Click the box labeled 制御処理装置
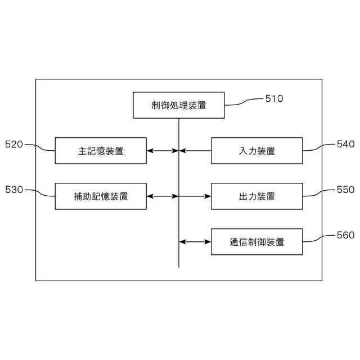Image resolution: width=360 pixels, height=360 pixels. tap(179, 105)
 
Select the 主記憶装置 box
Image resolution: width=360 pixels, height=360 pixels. tap(101, 151)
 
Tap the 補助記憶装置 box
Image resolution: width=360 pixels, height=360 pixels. tap(101, 196)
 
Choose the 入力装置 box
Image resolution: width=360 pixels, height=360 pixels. tap(256, 151)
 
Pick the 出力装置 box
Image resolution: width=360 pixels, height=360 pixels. tap(256, 196)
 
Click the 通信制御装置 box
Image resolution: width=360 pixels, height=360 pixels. tap(256, 242)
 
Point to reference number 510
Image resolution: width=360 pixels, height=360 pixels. tap(274, 98)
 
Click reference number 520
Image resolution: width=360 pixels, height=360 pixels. tap(13, 144)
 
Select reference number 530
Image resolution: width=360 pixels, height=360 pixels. tap(13, 190)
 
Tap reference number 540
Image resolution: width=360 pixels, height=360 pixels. tap(345, 144)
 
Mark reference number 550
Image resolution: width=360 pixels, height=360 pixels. tap(345, 190)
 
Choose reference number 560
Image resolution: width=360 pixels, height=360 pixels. tap(345, 235)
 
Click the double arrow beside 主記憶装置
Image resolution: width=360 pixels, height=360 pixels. tap(163, 151)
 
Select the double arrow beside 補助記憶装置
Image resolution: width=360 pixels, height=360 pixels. tap(163, 196)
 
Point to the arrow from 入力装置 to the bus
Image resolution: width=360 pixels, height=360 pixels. tap(195, 151)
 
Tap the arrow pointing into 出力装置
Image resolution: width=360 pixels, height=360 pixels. tap(195, 196)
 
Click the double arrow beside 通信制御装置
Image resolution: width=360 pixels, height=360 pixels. tap(195, 242)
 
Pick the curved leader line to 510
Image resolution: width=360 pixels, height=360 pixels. tap(244, 102)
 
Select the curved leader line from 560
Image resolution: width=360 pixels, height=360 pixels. tap(319, 238)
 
